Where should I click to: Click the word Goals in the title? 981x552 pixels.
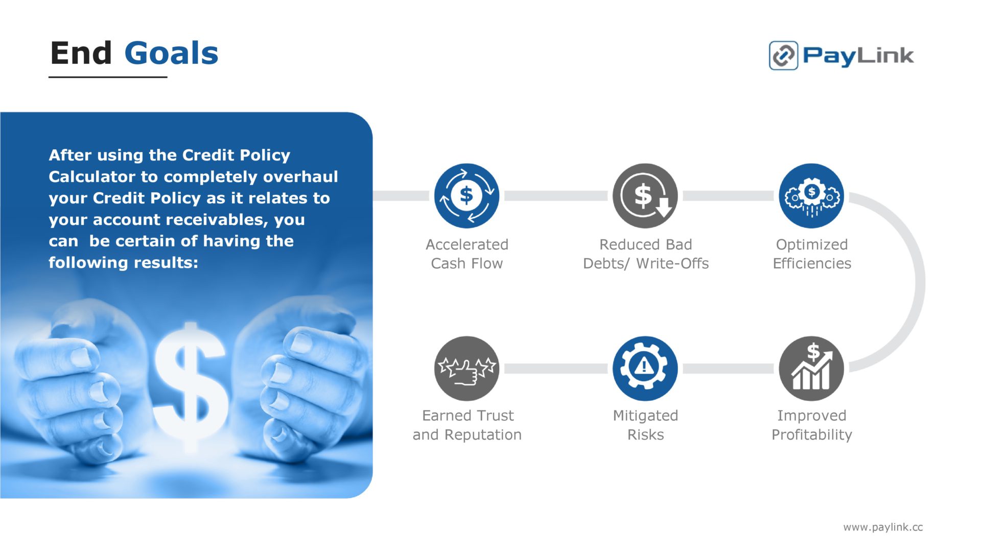coord(171,54)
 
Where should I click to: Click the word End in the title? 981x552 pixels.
coord(81,54)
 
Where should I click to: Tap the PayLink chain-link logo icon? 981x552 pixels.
coord(783,55)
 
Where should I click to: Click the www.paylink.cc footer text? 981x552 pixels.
coord(883,527)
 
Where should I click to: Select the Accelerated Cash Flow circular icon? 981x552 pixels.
coord(466,196)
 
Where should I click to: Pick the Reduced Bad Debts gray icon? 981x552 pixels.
coord(645,196)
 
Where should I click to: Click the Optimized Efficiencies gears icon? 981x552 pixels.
coord(811,196)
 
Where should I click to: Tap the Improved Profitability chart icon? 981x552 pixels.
coord(811,369)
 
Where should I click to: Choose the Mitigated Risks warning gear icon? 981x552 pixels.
coord(645,369)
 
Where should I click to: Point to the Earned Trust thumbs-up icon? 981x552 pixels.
coord(466,369)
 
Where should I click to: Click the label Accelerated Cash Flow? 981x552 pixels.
coord(467,254)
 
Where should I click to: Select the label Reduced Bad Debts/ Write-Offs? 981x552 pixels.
coord(646,254)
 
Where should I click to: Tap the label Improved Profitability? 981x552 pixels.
coord(812,425)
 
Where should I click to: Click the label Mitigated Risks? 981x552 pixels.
coord(645,425)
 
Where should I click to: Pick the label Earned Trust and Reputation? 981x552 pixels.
coord(467,425)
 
